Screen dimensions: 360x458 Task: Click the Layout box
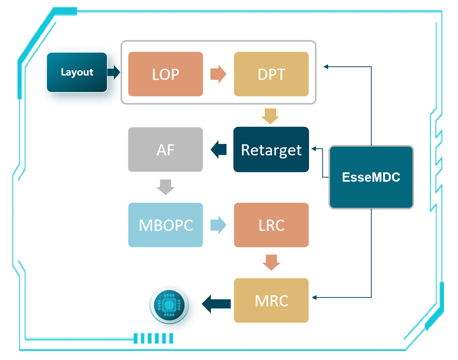(x=77, y=73)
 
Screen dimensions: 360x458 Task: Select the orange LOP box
(x=165, y=74)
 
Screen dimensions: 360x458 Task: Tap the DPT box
(x=271, y=74)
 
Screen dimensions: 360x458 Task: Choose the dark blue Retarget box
(x=271, y=150)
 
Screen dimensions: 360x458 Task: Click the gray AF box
(x=165, y=150)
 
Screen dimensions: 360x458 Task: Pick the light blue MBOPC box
(x=165, y=225)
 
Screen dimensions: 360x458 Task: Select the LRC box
(x=271, y=225)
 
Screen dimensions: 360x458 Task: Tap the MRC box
(x=271, y=300)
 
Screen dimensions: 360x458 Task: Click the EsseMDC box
(x=371, y=177)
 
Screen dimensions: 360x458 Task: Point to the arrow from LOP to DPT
(x=218, y=74)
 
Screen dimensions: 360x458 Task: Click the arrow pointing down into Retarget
(x=270, y=116)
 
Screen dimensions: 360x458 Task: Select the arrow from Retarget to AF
(x=218, y=149)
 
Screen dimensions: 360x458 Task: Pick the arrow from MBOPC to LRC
(x=218, y=225)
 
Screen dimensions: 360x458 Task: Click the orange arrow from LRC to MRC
(x=271, y=262)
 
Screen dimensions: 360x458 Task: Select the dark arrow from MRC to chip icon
(x=216, y=304)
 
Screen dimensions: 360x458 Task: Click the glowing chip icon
(x=168, y=305)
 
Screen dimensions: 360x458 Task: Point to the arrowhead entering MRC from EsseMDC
(x=314, y=297)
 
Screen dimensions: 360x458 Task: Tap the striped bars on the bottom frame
(x=154, y=338)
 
